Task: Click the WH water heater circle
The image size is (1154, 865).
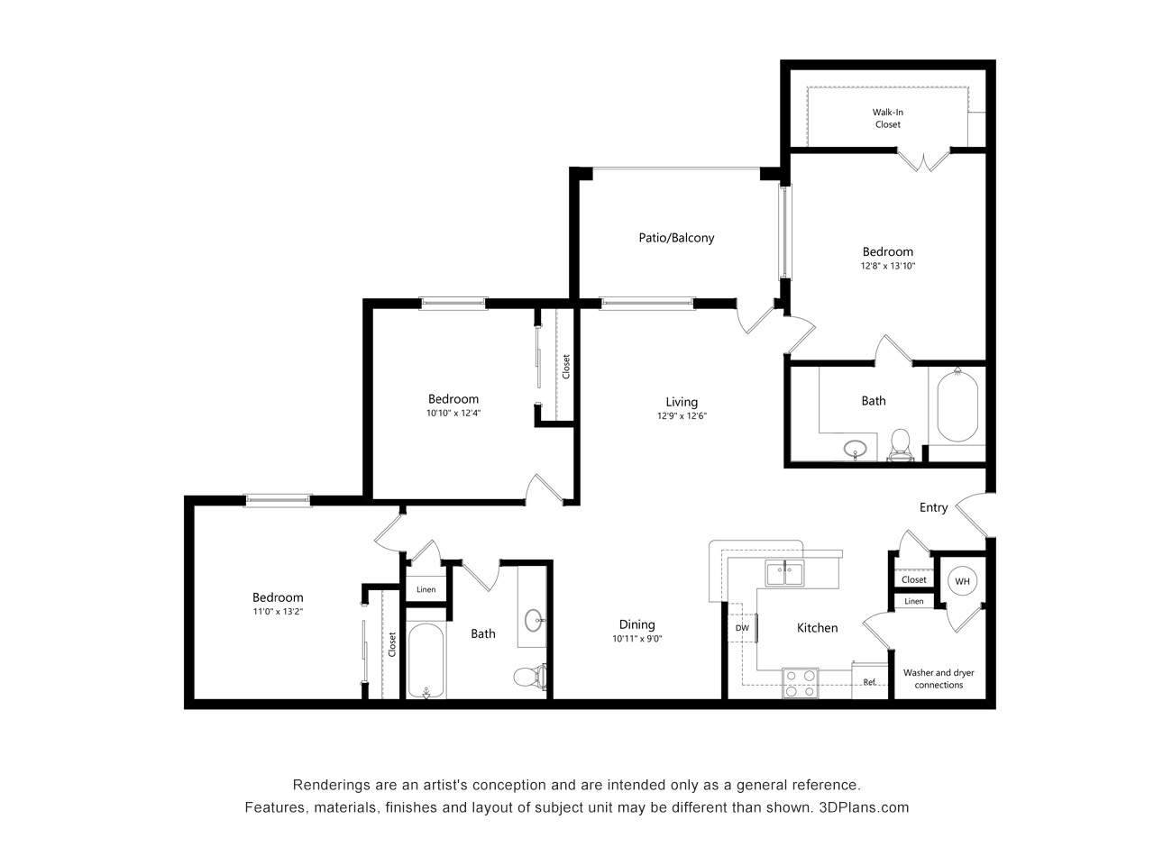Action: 962,581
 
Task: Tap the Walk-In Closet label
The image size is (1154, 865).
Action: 887,118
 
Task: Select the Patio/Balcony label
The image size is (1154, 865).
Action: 676,238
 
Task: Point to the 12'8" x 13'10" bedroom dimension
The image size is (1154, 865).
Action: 887,266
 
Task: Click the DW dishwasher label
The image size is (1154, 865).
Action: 741,628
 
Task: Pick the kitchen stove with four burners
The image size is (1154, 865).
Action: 800,683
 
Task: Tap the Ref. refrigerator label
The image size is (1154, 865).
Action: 870,682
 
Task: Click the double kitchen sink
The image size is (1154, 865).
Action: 784,573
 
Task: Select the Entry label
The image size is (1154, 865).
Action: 932,507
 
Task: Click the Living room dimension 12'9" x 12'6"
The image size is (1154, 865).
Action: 682,416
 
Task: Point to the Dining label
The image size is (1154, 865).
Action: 637,624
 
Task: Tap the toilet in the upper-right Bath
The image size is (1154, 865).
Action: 900,445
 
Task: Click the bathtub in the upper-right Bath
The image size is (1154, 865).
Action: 957,406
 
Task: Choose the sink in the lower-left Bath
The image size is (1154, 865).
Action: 534,620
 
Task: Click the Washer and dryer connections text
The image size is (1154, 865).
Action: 938,678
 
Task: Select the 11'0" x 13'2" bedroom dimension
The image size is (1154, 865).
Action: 278,611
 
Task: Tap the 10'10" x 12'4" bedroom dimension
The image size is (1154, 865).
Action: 453,413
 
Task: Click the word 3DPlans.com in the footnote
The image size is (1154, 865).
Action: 864,807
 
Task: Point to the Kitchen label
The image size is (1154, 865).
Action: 817,628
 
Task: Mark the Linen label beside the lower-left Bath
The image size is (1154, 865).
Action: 426,589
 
